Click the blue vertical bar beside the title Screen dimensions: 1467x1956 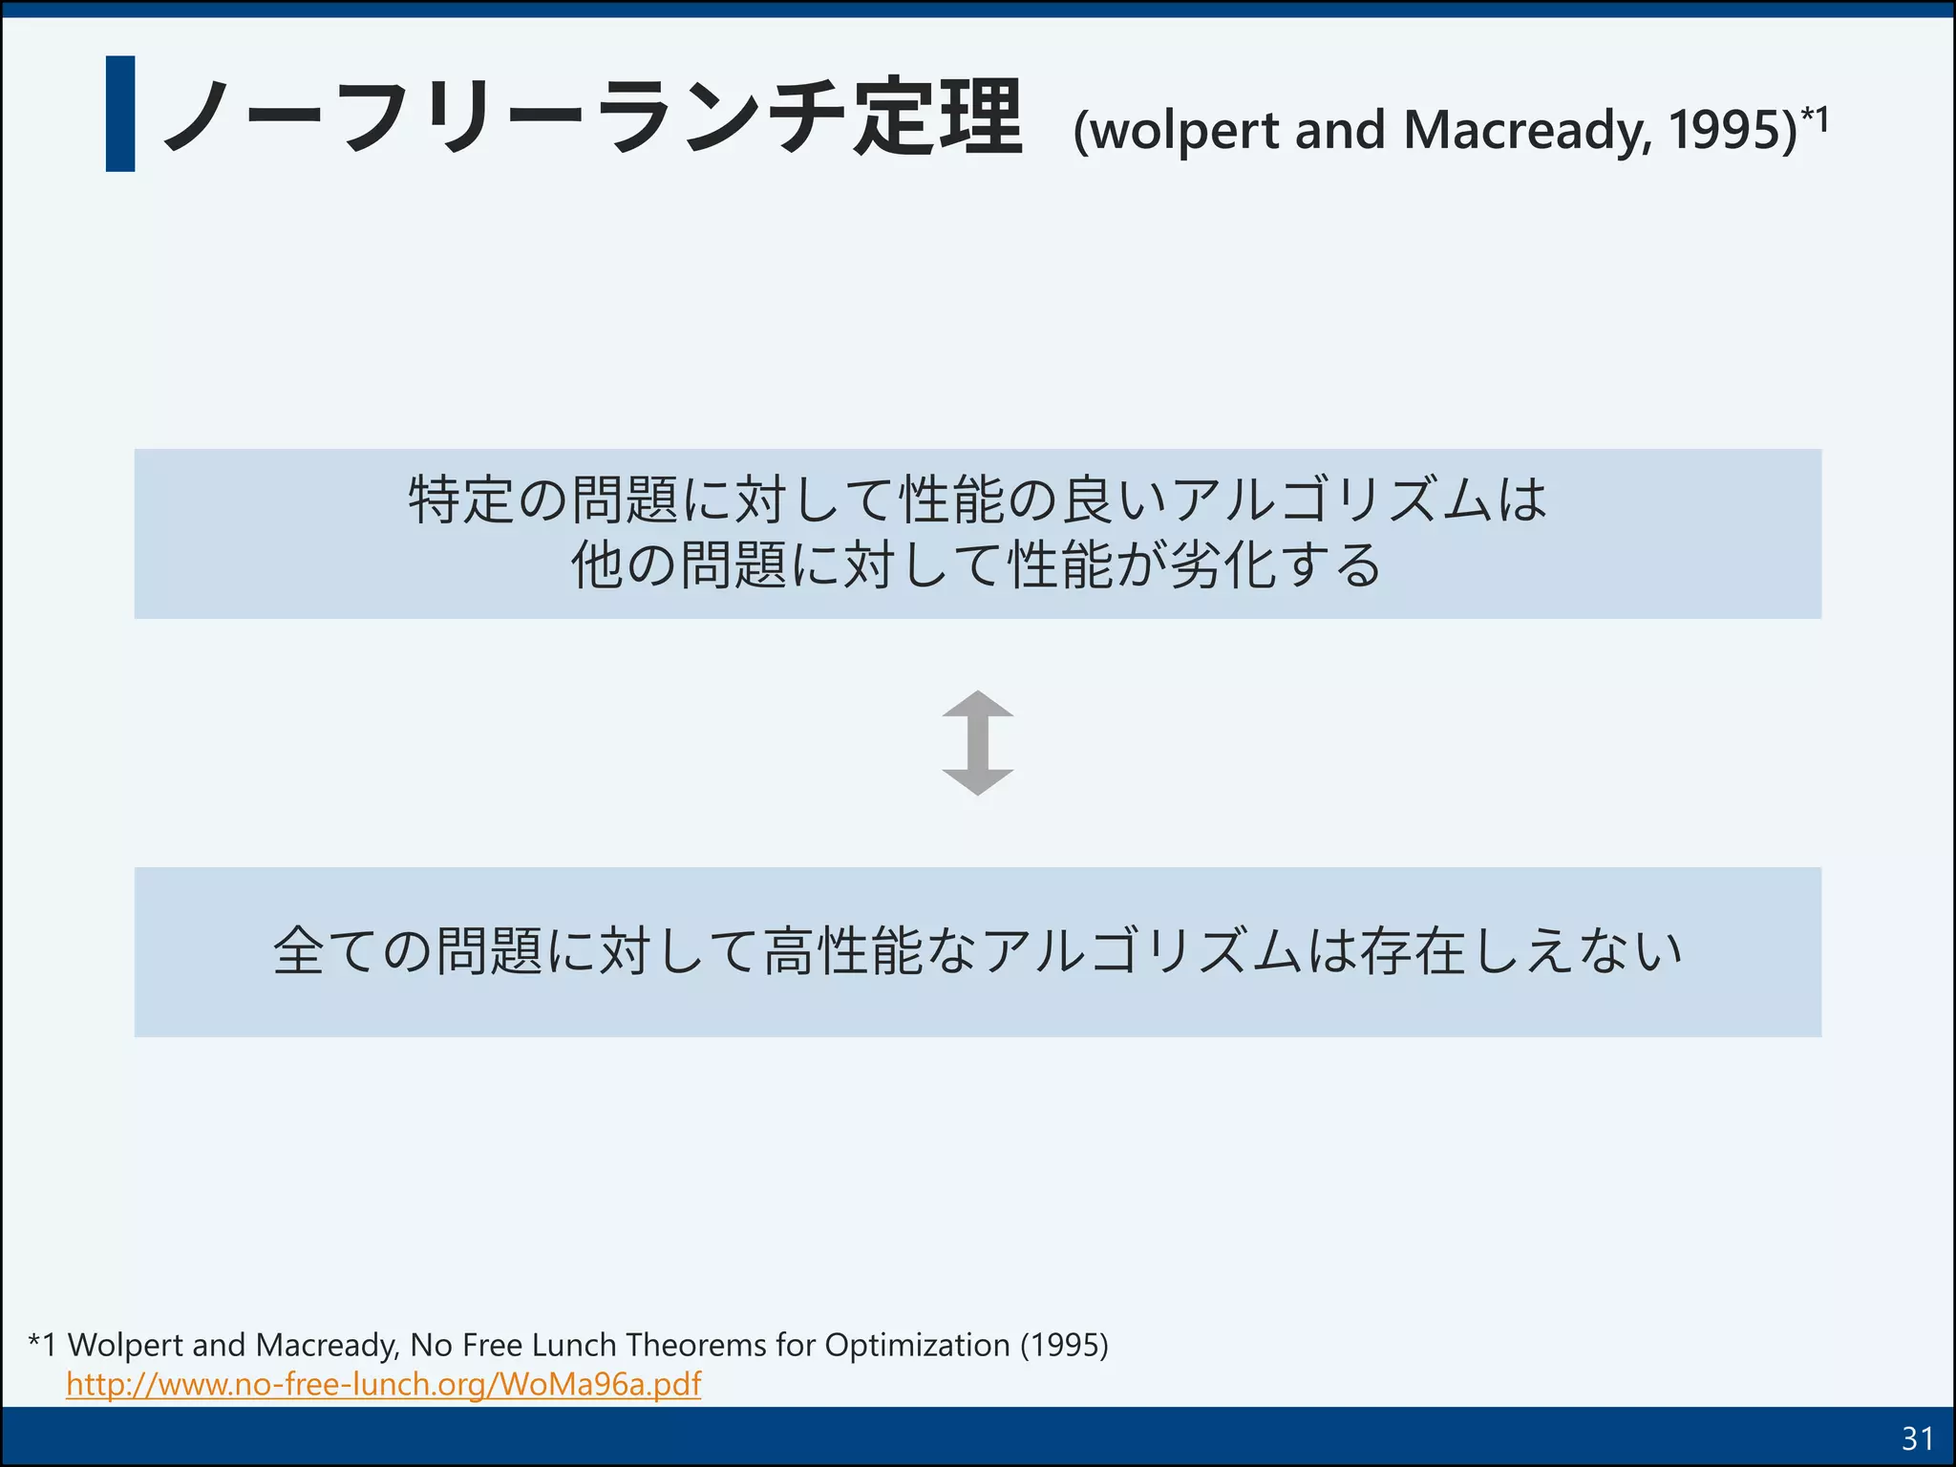120,114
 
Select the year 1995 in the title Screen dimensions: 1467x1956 1727,130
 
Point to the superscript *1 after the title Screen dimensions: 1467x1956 1815,118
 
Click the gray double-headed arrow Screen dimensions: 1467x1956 977,743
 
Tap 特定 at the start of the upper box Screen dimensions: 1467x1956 462,500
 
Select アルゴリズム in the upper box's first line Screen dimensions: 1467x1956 1332,500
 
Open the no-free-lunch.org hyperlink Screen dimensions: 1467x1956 383,1384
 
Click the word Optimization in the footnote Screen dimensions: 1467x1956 917,1345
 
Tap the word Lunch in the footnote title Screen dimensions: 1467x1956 574,1345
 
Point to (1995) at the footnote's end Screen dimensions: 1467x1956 1064,1345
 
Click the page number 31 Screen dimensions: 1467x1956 1917,1437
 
